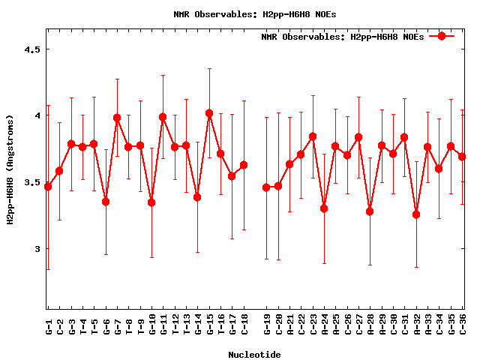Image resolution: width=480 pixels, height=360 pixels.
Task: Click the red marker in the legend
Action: click(x=442, y=36)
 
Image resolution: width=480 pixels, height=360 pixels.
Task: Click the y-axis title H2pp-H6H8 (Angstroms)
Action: click(x=10, y=169)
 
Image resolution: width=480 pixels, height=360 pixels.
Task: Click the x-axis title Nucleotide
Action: click(x=254, y=355)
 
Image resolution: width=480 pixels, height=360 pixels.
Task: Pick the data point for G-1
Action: click(x=48, y=186)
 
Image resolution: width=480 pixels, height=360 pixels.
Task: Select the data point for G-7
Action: click(x=117, y=118)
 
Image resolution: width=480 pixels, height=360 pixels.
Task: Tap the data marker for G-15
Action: click(x=209, y=113)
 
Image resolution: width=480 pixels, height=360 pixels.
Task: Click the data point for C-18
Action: click(x=244, y=165)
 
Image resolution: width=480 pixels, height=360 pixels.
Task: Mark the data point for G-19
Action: click(x=266, y=187)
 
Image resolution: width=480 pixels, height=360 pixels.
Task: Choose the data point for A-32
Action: click(x=416, y=214)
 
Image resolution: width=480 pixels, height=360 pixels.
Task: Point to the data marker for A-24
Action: click(x=324, y=208)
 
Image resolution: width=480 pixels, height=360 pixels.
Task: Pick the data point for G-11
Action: click(x=163, y=117)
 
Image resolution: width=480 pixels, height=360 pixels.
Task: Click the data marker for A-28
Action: click(x=370, y=211)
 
